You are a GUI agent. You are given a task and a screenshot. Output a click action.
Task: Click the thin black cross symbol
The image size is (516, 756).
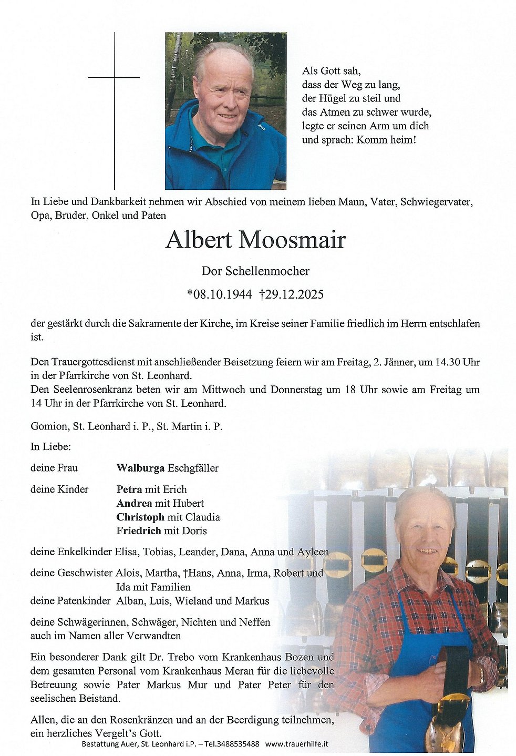[x=115, y=78]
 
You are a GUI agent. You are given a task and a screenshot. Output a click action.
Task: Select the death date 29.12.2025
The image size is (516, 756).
[x=294, y=294]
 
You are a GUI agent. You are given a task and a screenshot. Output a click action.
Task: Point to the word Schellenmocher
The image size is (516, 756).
[x=267, y=271]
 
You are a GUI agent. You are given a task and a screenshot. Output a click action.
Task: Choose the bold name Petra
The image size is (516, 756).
[x=129, y=489]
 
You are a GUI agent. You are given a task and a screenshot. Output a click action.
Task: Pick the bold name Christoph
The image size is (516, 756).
[x=140, y=517]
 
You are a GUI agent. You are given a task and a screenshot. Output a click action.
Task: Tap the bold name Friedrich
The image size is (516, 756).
[x=139, y=530]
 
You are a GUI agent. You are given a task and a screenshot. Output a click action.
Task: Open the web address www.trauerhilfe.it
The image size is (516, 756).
[x=297, y=744]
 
